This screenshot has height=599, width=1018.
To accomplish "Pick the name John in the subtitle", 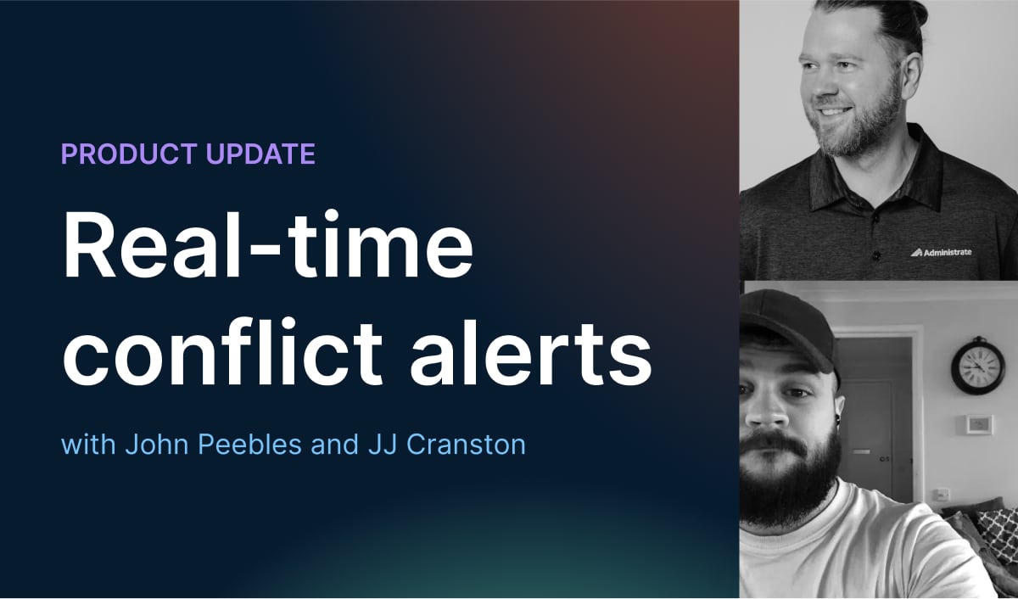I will [154, 445].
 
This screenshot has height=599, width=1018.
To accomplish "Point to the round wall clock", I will [977, 365].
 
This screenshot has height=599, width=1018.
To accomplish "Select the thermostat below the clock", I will [979, 424].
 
